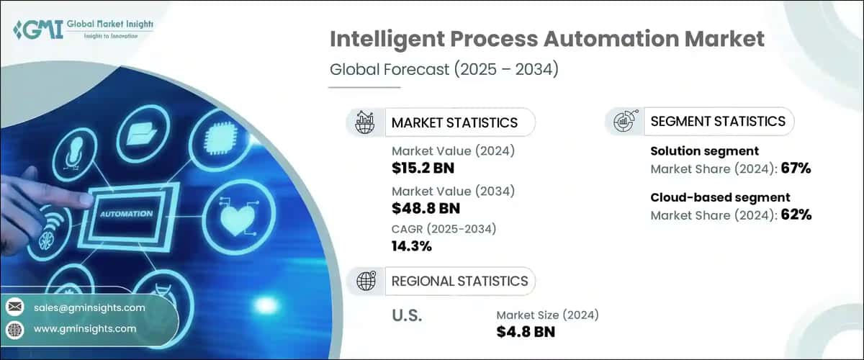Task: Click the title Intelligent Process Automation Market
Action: [x=546, y=39]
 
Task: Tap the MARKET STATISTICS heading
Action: [x=454, y=122]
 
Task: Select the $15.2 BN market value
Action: [x=423, y=168]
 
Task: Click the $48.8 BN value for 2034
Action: [x=425, y=208]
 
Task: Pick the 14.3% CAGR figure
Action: [x=411, y=246]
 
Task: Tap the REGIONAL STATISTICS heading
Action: [x=459, y=281]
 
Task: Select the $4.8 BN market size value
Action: [x=526, y=332]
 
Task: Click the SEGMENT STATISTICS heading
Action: [x=718, y=121]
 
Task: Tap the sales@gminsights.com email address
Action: [x=89, y=307]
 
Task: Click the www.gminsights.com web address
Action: [x=84, y=328]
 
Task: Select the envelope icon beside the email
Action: [x=14, y=307]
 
